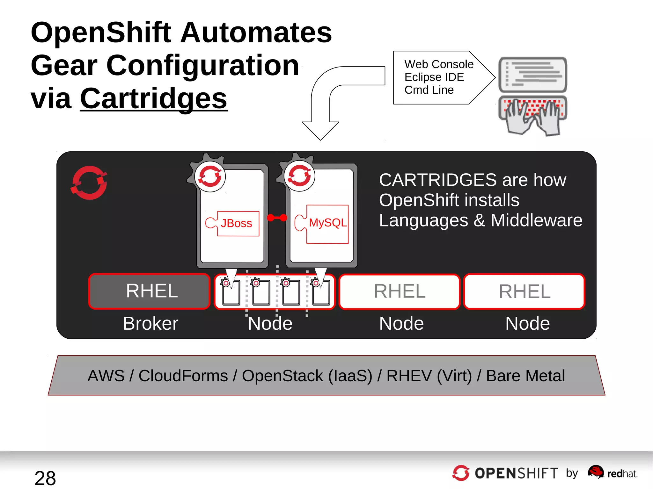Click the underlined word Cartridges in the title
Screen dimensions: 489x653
click(153, 98)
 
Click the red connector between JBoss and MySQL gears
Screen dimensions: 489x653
click(277, 218)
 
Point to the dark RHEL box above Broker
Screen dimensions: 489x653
click(150, 291)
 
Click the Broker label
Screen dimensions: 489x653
click(150, 324)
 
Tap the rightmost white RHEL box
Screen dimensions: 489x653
click(525, 291)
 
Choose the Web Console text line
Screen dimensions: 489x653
click(439, 64)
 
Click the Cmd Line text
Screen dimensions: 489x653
click(429, 90)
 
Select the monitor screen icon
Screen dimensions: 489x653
click(533, 75)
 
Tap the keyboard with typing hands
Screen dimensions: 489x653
click(533, 115)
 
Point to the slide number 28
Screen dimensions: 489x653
click(45, 478)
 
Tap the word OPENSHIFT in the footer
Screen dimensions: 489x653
click(516, 473)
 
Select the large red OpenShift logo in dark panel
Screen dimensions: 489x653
click(89, 183)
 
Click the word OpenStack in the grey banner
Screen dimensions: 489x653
click(282, 376)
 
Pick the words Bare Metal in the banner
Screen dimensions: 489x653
click(525, 376)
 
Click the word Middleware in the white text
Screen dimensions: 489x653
click(536, 220)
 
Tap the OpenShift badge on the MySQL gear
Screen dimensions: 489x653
click(299, 176)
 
